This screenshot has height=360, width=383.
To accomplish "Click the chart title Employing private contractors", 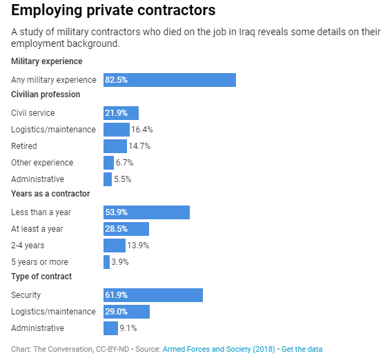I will (x=113, y=11).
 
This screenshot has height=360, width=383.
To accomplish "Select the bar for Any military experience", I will (x=169, y=80).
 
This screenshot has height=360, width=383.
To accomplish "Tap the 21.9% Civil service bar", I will (x=121, y=113).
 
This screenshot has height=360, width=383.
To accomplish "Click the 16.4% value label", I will (x=141, y=130).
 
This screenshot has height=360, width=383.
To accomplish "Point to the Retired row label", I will (x=24, y=146).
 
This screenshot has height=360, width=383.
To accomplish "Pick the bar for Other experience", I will (x=108, y=163).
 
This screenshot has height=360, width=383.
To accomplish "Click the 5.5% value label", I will (x=122, y=179).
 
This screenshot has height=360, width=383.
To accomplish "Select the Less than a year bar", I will (x=146, y=212).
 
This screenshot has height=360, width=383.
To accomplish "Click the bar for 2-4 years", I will (x=114, y=246).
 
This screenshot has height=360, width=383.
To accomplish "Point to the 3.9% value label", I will (x=120, y=262).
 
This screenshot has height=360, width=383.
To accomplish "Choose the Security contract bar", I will (x=153, y=295).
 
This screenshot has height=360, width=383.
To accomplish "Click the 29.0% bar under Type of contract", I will (x=126, y=312).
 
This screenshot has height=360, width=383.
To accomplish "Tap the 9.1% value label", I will (x=128, y=328).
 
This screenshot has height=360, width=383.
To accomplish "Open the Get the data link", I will (x=302, y=349).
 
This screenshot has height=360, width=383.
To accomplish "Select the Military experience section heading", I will (x=47, y=61).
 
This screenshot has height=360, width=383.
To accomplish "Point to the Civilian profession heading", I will (x=46, y=94).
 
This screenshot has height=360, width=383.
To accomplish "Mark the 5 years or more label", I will (x=39, y=262).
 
